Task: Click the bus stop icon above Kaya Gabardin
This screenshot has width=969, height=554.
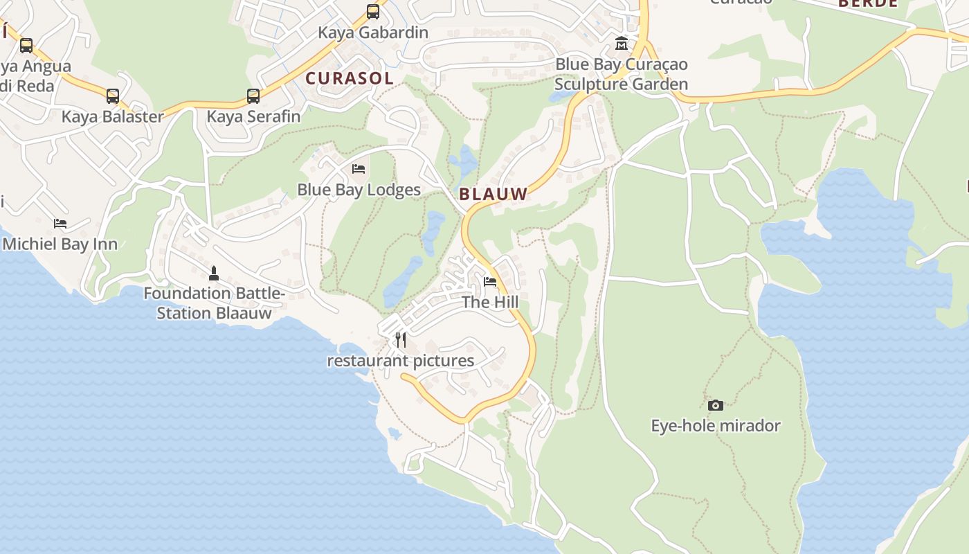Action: [x=373, y=12]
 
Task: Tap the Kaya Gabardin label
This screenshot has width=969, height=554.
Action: [x=373, y=33]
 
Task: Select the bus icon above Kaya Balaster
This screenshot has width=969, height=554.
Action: [x=112, y=96]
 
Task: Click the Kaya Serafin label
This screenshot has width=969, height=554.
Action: [x=253, y=116]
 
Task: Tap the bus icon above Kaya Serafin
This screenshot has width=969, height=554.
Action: [x=253, y=96]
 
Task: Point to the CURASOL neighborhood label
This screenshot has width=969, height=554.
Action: [x=350, y=78]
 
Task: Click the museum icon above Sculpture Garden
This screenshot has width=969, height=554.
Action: [x=622, y=44]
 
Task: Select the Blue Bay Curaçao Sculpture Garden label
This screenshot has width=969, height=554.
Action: [x=622, y=74]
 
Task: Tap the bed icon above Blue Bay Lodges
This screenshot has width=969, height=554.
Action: [x=359, y=169]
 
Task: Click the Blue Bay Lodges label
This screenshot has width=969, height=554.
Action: [x=359, y=190]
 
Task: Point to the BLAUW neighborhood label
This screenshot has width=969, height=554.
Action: [x=493, y=195]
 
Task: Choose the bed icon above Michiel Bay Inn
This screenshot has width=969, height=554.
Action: [x=60, y=224]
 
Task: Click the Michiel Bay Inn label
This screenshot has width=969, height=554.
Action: [x=60, y=244]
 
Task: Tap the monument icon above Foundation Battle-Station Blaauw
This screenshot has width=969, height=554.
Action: [x=214, y=273]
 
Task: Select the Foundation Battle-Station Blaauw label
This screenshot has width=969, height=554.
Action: [x=214, y=303]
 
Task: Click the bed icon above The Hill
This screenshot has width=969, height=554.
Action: [x=490, y=282]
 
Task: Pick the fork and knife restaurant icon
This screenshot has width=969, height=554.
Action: [x=401, y=340]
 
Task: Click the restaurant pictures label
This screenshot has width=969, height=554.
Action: [x=401, y=361]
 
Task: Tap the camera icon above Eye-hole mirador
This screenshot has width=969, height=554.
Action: [x=716, y=405]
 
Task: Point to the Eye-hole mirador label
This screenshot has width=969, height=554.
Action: [x=716, y=425]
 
